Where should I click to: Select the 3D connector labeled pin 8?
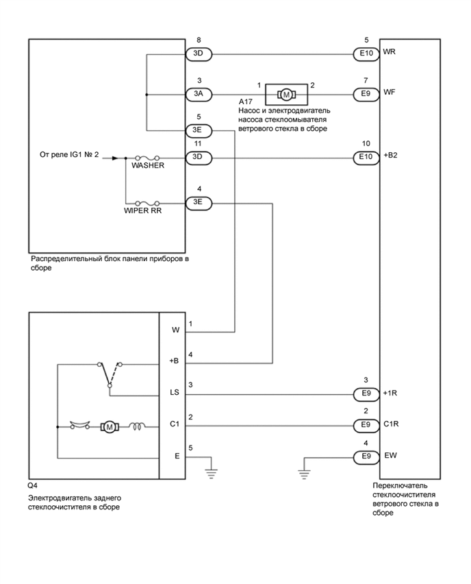[x=199, y=53]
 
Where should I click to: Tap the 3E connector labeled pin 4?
[x=199, y=203]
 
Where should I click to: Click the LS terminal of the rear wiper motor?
[x=175, y=395]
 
